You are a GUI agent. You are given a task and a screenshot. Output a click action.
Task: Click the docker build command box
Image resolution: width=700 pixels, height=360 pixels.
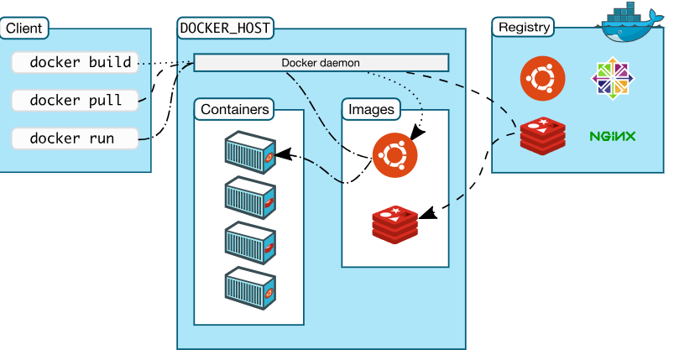[76, 62]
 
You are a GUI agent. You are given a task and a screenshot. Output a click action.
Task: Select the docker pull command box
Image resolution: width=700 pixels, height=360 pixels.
[76, 100]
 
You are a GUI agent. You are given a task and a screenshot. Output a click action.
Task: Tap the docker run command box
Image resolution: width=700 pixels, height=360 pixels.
[76, 138]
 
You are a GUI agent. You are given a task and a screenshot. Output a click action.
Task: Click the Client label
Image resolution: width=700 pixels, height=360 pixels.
[24, 29]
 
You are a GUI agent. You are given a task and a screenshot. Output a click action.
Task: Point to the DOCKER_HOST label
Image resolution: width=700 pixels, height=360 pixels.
[226, 28]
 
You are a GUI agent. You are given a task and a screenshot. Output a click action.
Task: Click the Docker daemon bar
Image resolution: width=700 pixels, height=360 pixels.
[321, 63]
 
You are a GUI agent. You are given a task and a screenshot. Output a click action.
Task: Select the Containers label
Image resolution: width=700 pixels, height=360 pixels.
[236, 109]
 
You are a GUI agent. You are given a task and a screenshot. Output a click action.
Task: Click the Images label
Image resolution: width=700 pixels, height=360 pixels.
[371, 109]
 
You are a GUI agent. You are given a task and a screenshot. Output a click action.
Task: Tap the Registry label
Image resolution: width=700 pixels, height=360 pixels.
[524, 27]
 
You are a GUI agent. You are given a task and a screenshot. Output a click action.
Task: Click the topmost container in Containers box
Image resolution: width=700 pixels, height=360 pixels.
[250, 153]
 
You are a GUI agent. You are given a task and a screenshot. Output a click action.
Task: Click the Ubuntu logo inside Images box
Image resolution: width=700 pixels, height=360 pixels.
[394, 156]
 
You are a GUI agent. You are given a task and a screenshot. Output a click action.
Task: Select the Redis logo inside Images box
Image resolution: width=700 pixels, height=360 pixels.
[394, 222]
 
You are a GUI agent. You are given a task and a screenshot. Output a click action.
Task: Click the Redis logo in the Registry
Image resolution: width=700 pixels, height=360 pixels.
[542, 135]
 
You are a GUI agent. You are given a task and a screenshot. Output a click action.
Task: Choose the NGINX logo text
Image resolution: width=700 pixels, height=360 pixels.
[612, 136]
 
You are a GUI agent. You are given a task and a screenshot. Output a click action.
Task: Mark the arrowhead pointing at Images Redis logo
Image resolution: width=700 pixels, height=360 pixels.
[427, 214]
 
